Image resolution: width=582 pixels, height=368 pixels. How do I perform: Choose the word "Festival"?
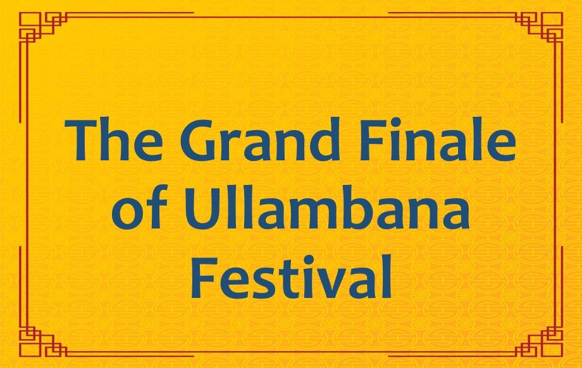(292, 277)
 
